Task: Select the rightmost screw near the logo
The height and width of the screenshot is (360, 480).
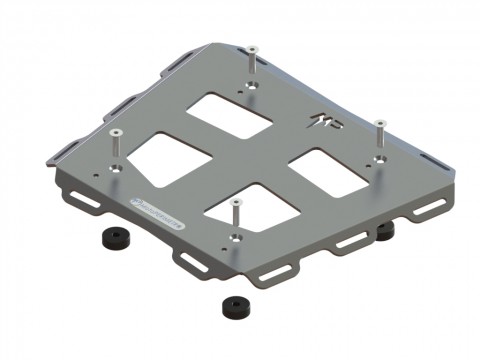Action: click(x=379, y=125)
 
